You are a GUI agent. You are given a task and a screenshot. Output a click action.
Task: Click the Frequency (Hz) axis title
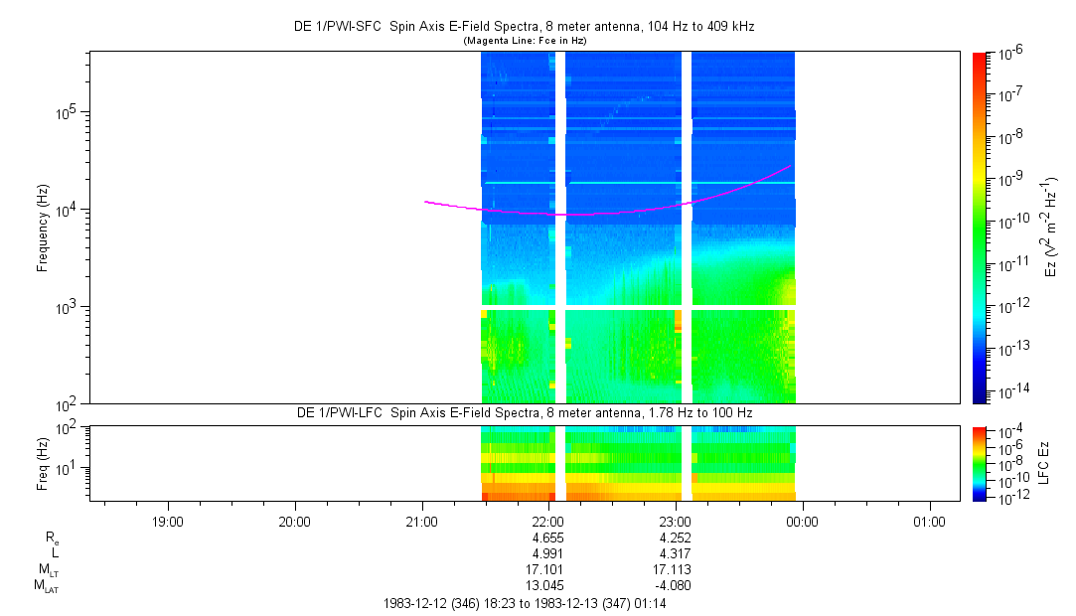point(43,228)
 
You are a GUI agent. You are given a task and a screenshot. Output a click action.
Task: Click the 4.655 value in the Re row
point(548,538)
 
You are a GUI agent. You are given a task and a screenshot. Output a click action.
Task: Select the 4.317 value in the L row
point(676,553)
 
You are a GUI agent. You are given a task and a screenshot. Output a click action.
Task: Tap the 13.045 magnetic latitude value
point(548,585)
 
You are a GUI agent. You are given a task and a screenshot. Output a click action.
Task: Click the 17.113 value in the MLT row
point(676,569)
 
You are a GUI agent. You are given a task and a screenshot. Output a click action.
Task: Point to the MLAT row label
point(46,585)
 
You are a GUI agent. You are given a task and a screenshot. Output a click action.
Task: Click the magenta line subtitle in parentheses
point(525,40)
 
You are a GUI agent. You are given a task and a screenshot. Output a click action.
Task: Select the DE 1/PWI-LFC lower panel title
point(525,412)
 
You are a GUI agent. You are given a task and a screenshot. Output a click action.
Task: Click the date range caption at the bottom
point(525,603)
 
